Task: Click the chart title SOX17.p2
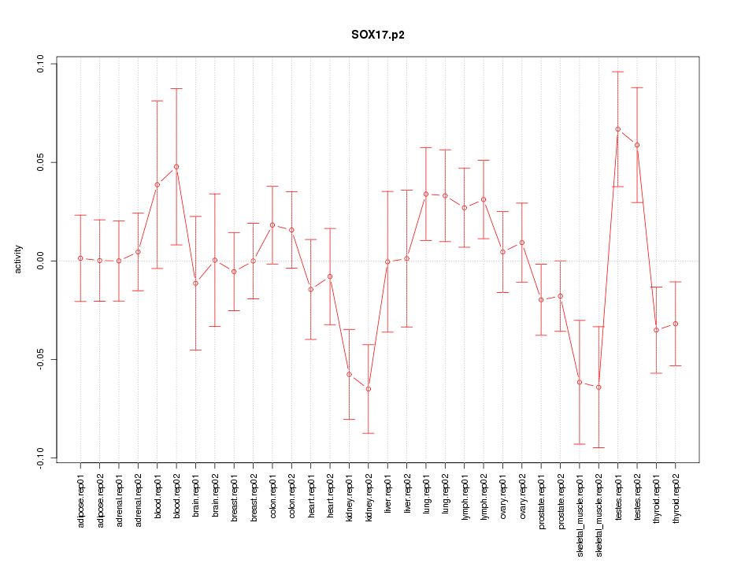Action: click(378, 35)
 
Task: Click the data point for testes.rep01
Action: click(618, 129)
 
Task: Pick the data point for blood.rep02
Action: click(176, 167)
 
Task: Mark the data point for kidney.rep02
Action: click(369, 389)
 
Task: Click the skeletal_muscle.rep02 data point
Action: click(598, 387)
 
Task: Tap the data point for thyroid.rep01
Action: click(656, 330)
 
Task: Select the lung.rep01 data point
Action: click(426, 194)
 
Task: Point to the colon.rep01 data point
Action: click(272, 225)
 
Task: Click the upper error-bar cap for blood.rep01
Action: click(157, 101)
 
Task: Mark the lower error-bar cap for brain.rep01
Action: click(195, 350)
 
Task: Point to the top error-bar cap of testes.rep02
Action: click(637, 87)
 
